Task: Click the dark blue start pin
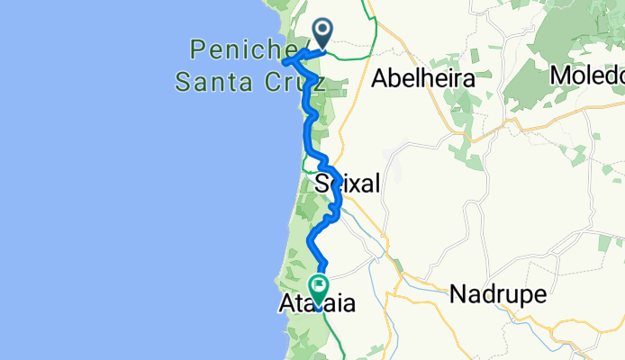point(322,32)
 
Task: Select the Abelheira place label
point(422,78)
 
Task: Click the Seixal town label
point(348,184)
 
